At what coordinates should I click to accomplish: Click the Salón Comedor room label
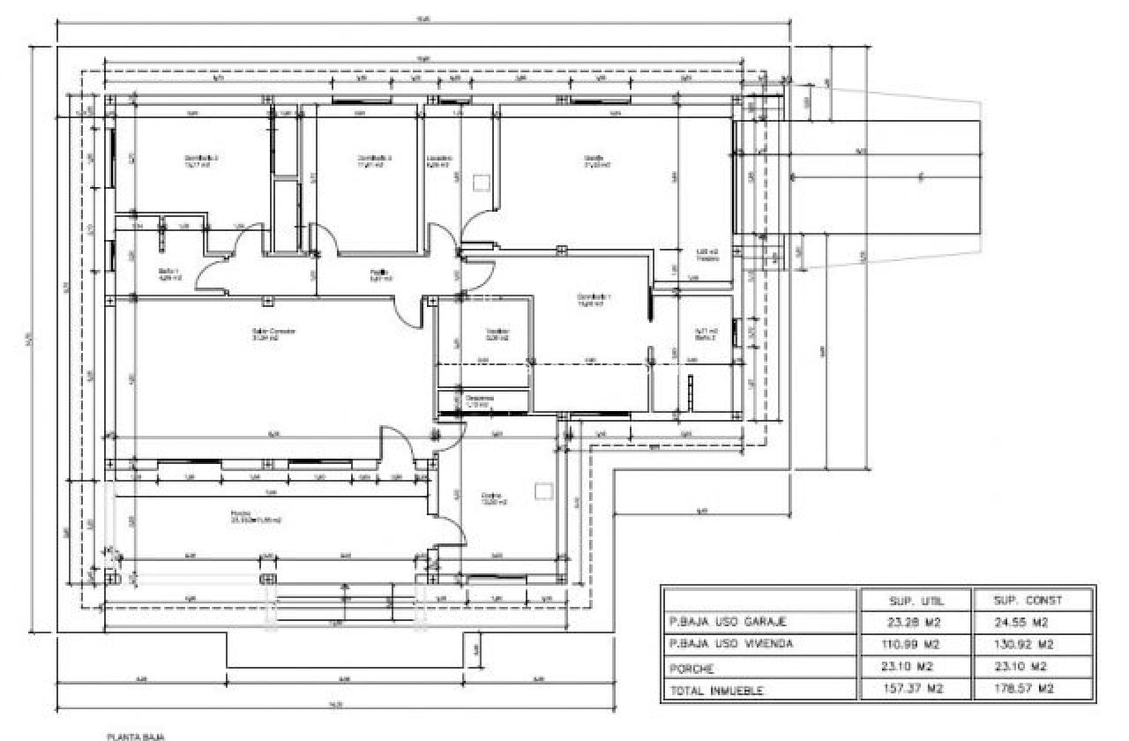click(273, 333)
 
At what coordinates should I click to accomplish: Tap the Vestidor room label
click(498, 333)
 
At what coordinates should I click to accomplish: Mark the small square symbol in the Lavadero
click(481, 183)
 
